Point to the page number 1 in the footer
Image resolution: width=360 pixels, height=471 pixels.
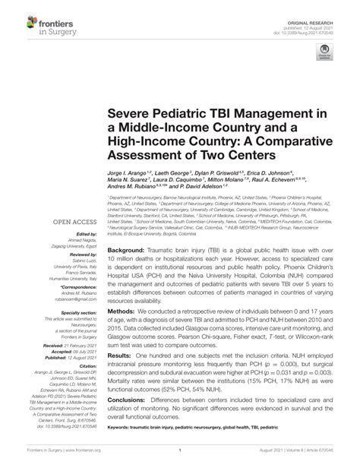click(180, 460)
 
